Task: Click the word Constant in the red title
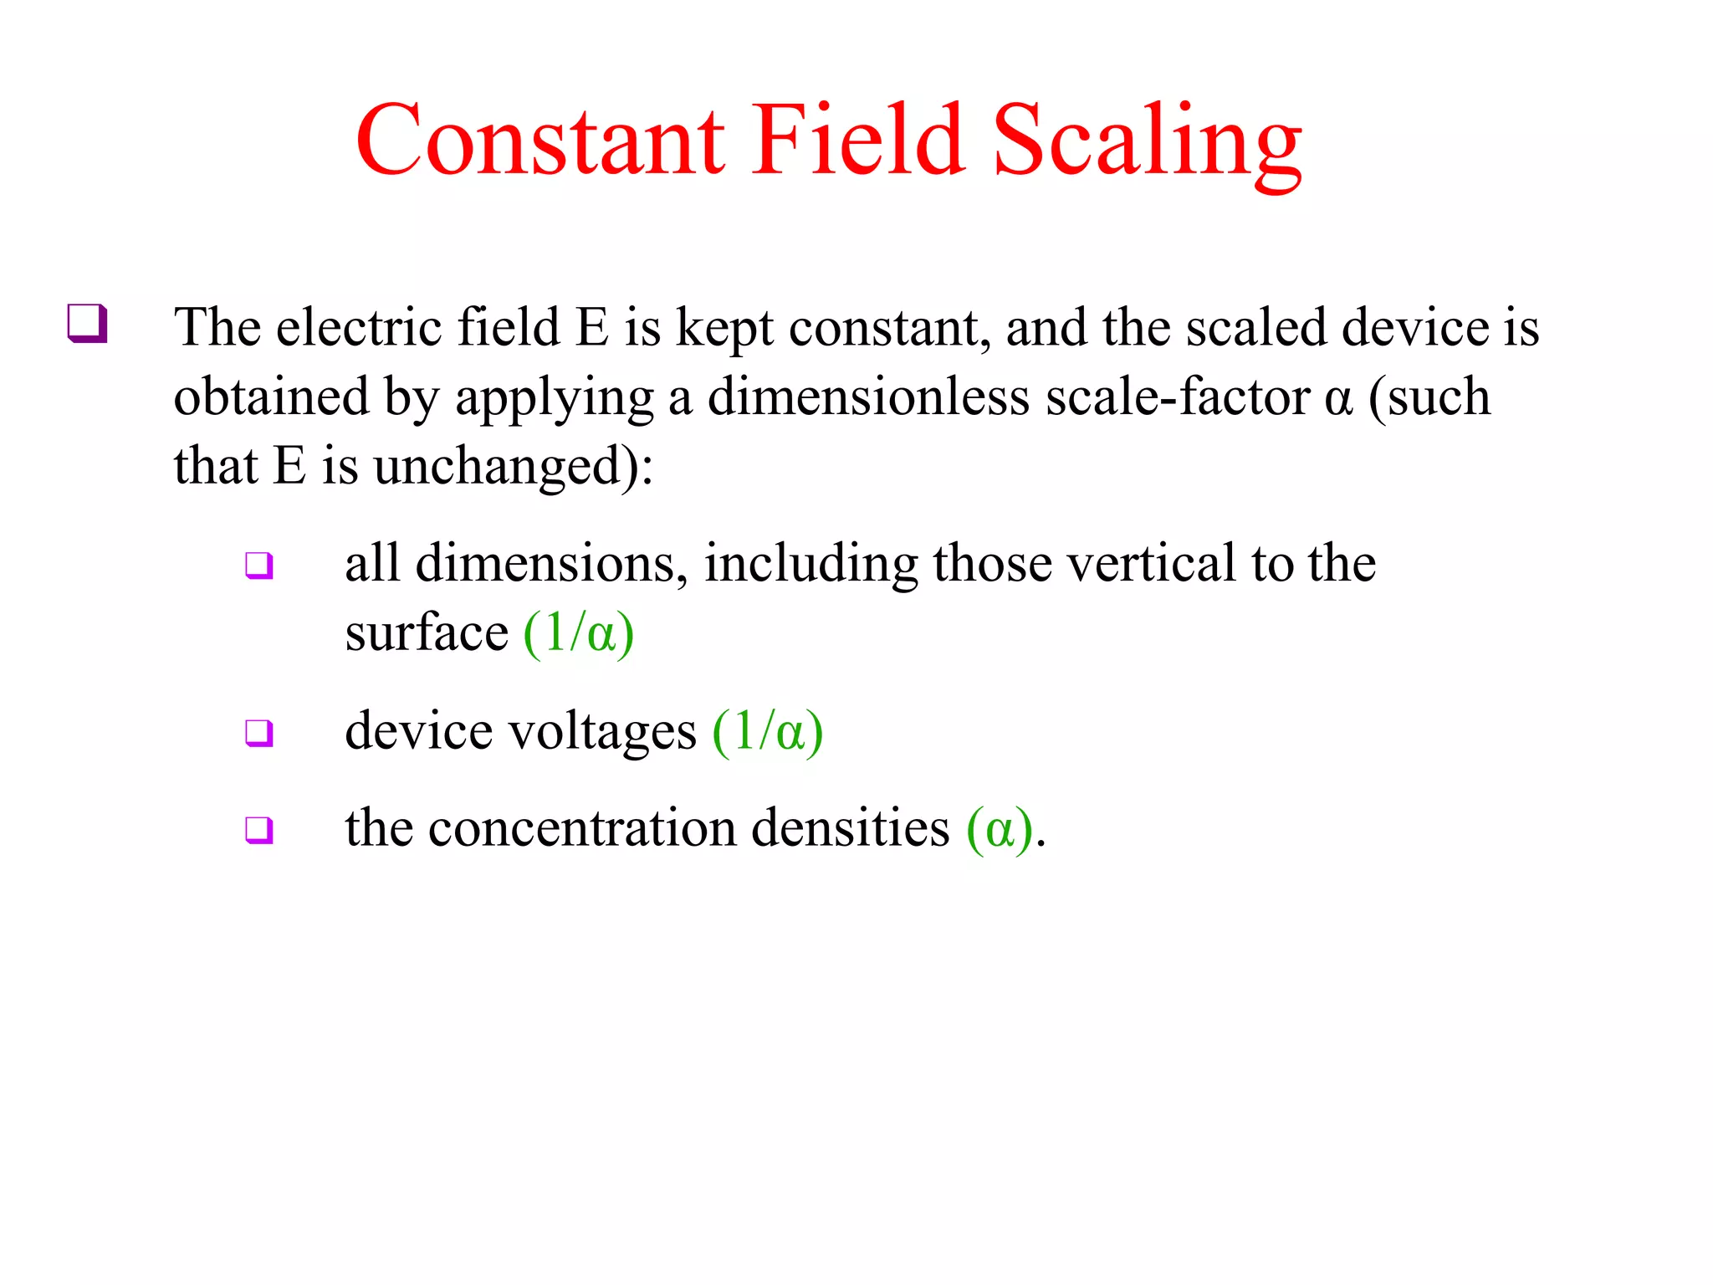[x=540, y=141]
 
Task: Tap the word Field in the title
[x=857, y=141]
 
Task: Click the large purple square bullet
[x=87, y=324]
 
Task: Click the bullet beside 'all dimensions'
[x=258, y=566]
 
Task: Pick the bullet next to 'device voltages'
[x=258, y=733]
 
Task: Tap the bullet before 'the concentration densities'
[x=258, y=830]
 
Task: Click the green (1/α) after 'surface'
[x=579, y=633]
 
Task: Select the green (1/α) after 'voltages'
[x=768, y=733]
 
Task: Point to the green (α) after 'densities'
[x=1000, y=829]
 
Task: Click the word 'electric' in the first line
[x=359, y=327]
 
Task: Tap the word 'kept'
[x=724, y=329]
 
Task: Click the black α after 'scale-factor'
[x=1338, y=398]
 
